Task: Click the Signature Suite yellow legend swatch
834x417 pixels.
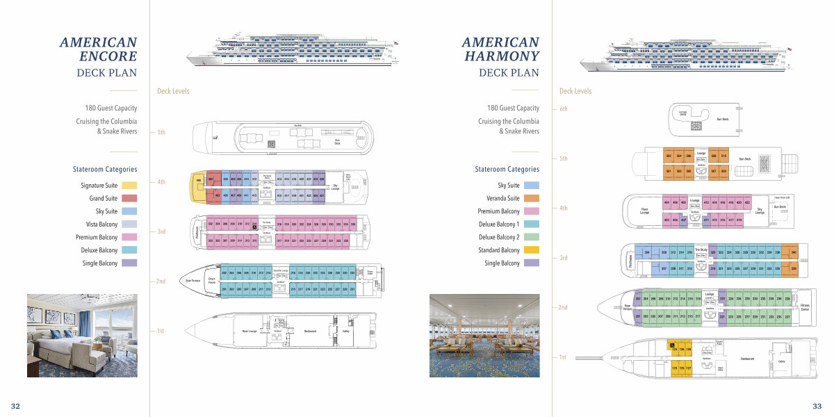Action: [129, 186]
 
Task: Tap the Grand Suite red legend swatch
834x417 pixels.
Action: [129, 199]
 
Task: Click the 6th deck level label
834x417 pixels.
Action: [564, 109]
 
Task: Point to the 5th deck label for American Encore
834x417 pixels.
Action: [161, 132]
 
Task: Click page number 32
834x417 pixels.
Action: [15, 406]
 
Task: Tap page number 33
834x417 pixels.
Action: [817, 406]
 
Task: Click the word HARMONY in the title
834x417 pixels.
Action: [502, 56]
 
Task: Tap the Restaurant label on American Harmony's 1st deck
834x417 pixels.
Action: [747, 359]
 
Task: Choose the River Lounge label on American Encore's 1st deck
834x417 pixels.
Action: [250, 332]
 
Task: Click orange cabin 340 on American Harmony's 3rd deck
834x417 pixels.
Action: [794, 252]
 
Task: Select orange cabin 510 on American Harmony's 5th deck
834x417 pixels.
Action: [723, 156]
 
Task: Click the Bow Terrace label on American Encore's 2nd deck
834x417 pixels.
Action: [192, 281]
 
